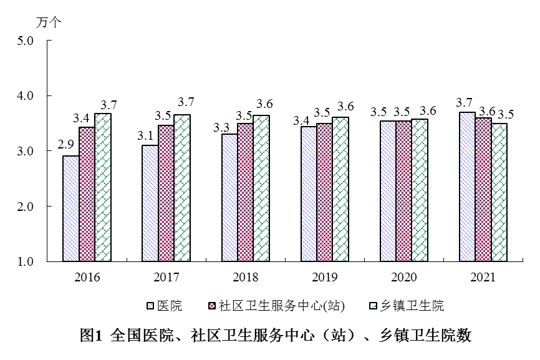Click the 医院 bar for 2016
[x=70, y=208]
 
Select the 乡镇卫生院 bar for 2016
[x=103, y=187]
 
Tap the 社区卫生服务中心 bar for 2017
[x=166, y=193]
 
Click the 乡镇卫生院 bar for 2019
[x=340, y=189]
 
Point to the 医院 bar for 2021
[x=467, y=187]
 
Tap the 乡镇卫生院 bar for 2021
[x=499, y=192]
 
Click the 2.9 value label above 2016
[x=66, y=145]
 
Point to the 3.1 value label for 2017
[x=146, y=134]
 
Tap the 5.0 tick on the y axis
[x=26, y=41]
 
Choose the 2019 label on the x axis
[x=324, y=277]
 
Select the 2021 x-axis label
[x=483, y=277]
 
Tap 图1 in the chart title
[x=90, y=336]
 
